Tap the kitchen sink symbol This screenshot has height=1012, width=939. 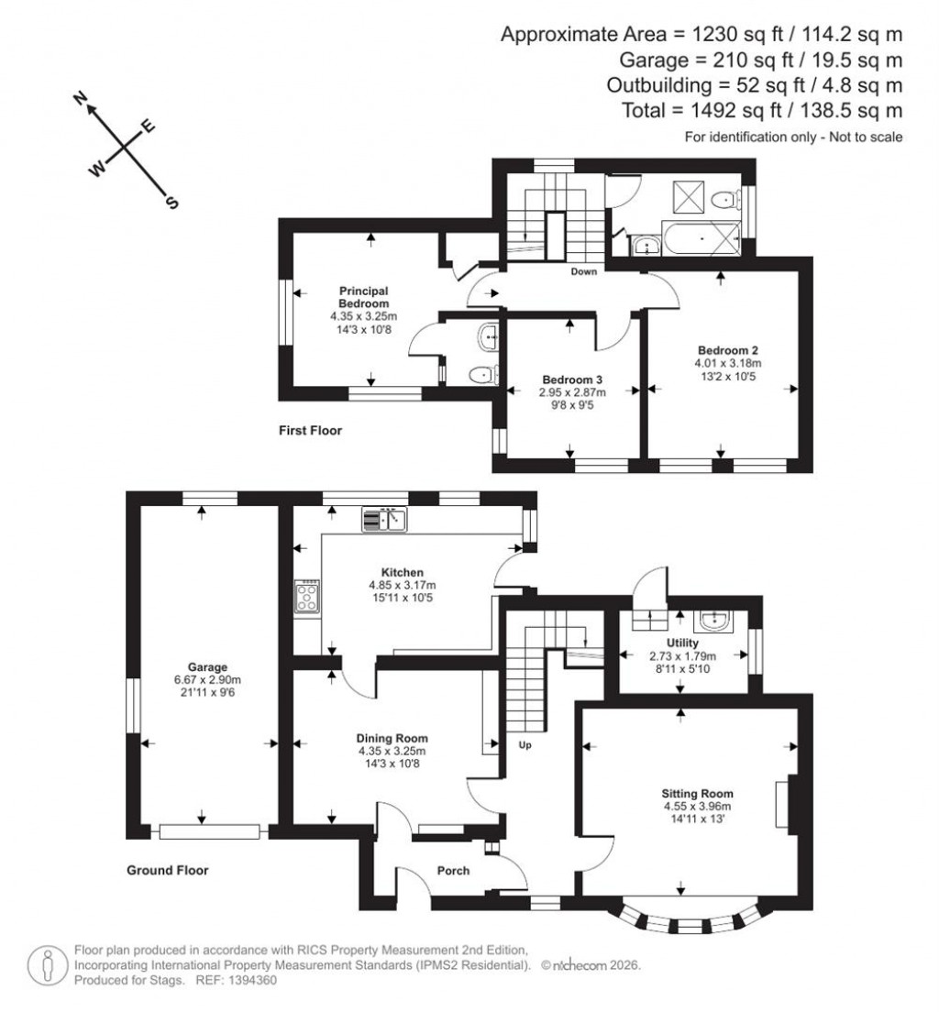pos(385,520)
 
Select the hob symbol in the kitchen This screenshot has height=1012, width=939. pos(306,599)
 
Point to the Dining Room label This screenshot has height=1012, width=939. pos(392,737)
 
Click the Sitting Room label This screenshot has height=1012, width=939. pos(698,793)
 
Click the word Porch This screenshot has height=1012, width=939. pos(453,870)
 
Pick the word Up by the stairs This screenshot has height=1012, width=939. pos(526,744)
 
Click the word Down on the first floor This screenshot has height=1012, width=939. pos(583,271)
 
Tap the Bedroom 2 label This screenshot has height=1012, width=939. pos(727,349)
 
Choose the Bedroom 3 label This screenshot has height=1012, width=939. pos(571,379)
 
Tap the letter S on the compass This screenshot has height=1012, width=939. pos(171,203)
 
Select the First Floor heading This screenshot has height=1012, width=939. pos(311,429)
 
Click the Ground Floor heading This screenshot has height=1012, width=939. pos(167,870)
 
